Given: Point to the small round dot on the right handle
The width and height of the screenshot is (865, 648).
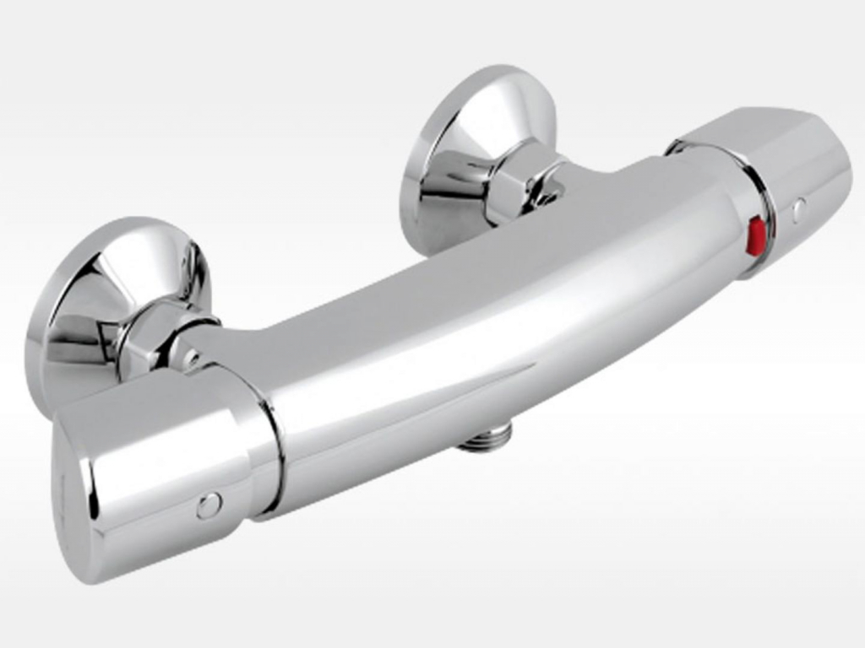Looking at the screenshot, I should click(799, 208).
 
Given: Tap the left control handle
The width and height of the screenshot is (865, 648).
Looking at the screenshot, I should click(160, 472).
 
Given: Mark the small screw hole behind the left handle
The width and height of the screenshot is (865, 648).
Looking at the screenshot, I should click(193, 360).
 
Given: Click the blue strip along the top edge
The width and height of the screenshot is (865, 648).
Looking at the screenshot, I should click(432, 3).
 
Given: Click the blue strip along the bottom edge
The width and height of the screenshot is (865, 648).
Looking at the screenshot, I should click(432, 644).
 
